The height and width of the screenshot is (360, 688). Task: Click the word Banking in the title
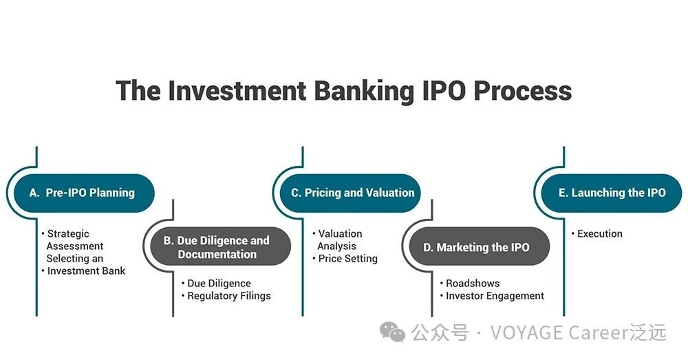pyautogui.click(x=364, y=92)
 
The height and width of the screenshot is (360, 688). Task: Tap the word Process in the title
pyautogui.click(x=522, y=90)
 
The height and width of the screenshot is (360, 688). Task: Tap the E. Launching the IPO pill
pyautogui.click(x=612, y=193)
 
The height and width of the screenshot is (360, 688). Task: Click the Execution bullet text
pyautogui.click(x=599, y=233)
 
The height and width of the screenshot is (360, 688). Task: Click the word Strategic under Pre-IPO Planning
pyautogui.click(x=68, y=234)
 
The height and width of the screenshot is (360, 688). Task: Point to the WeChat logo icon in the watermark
pyautogui.click(x=392, y=332)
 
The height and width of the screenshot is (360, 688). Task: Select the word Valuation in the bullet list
pyautogui.click(x=340, y=233)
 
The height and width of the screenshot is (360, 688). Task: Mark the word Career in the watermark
pyautogui.click(x=599, y=332)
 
